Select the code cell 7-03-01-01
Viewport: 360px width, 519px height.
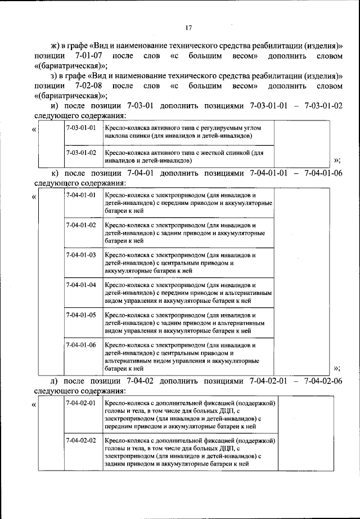81,128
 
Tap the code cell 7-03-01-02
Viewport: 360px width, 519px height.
81,153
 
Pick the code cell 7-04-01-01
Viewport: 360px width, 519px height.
81,195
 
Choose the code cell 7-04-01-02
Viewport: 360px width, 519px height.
81,225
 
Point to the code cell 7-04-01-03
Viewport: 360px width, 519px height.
81,255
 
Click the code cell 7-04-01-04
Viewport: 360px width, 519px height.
81,285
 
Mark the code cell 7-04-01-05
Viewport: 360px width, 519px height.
81,315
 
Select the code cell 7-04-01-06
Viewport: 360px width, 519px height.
81,344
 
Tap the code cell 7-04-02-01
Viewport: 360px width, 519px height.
81,404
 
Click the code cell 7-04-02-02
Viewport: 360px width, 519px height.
81,440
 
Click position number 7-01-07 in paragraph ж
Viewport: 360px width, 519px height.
87,56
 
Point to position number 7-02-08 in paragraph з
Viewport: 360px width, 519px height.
87,86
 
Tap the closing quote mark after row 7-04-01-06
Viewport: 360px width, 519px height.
337,368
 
